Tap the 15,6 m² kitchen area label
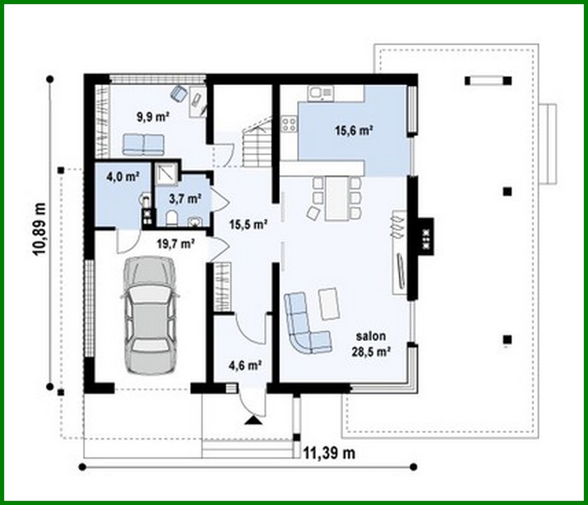(353, 130)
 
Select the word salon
(371, 336)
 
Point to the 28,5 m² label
(371, 352)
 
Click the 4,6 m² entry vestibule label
(245, 366)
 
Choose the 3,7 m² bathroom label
(186, 199)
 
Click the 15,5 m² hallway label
(249, 224)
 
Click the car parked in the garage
(149, 316)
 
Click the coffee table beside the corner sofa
(329, 304)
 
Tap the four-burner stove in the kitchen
(289, 123)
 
